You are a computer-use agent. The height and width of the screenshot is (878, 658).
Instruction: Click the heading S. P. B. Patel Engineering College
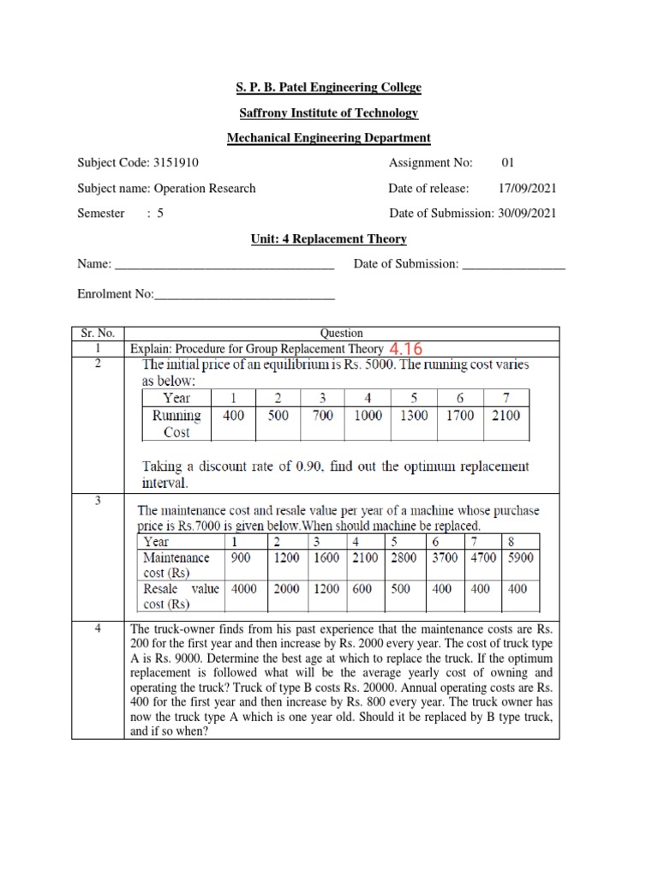coord(329,88)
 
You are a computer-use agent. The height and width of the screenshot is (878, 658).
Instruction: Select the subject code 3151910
coord(179,163)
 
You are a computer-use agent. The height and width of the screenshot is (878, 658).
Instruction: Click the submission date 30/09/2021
coord(525,213)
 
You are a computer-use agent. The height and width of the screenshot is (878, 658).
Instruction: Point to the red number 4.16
coord(407,349)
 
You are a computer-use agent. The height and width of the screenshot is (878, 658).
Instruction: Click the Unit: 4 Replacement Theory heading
coord(329,239)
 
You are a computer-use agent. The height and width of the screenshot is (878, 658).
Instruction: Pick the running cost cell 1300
coord(415,416)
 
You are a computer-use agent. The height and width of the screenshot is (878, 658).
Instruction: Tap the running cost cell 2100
coord(505,416)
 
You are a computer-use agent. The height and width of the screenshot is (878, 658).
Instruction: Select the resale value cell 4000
coord(244,589)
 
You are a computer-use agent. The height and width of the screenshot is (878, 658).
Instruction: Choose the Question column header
coord(341,333)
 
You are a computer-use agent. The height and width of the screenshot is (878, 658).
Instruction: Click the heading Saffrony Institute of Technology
coord(329,113)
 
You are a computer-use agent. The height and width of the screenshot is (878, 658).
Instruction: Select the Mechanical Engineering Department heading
coord(329,138)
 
